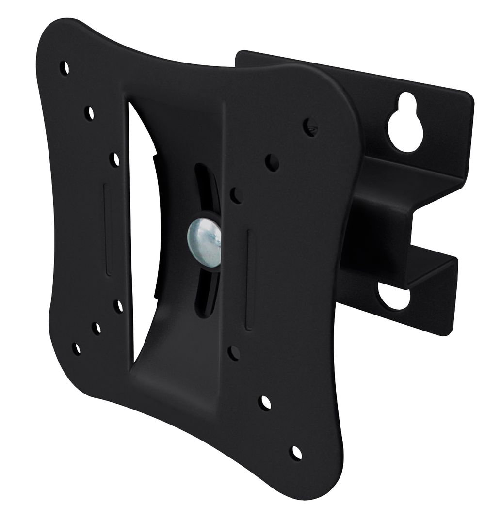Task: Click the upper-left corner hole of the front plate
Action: tap(65, 67)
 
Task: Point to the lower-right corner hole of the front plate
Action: tap(295, 452)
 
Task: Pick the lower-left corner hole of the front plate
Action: tap(76, 348)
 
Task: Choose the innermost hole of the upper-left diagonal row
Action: tap(114, 159)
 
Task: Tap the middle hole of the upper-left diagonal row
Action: tap(90, 113)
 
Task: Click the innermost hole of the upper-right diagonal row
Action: tap(236, 195)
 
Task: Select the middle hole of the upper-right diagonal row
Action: tap(273, 162)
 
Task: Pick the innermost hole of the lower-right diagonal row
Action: tap(234, 353)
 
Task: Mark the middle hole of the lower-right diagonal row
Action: tap(265, 402)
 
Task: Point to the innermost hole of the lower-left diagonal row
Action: tap(118, 306)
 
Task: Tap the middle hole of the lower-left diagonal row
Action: tap(97, 328)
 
